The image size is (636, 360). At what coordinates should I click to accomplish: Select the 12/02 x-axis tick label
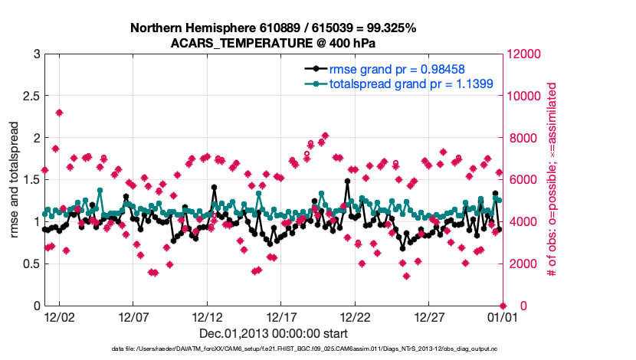pyautogui.click(x=58, y=316)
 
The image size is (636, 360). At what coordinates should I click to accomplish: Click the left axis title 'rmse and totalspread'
pyautogui.click(x=14, y=180)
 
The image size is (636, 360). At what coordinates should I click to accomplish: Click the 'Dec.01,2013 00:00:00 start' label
pyautogui.click(x=274, y=333)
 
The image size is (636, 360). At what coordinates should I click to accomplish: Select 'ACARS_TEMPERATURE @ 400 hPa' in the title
pyautogui.click(x=273, y=42)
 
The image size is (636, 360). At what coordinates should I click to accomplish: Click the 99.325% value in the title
pyautogui.click(x=386, y=28)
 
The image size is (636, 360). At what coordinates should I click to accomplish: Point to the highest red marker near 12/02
pyautogui.click(x=59, y=113)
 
